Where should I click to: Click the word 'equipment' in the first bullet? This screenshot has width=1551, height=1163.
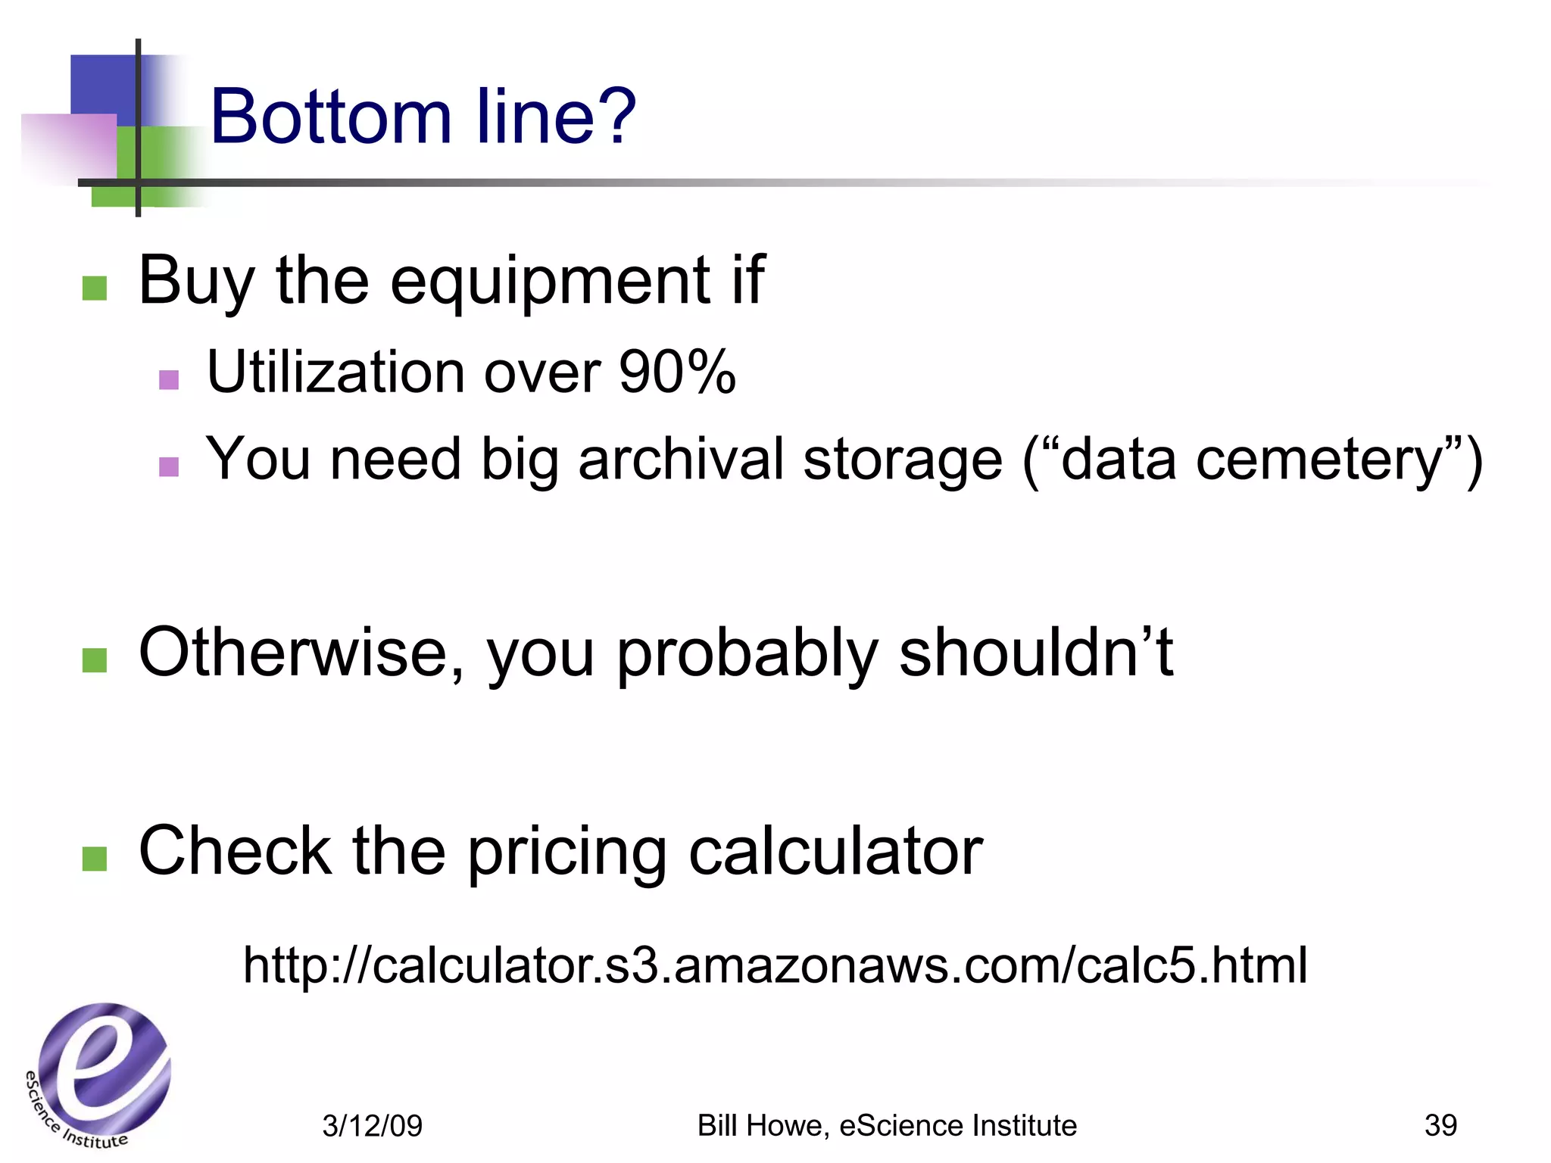click(551, 281)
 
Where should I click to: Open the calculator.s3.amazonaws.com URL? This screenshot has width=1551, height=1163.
click(775, 965)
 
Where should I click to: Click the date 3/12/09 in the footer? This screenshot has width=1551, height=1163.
click(372, 1126)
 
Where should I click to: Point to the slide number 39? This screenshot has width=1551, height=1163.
click(1440, 1125)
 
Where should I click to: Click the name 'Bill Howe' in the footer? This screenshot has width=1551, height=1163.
click(762, 1125)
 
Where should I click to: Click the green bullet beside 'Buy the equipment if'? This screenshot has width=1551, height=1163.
click(95, 288)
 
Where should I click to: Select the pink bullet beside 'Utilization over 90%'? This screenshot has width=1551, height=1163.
click(169, 379)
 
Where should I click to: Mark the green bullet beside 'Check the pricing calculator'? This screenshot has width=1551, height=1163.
click(95, 859)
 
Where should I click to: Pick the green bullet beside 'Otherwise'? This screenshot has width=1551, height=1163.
click(95, 660)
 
